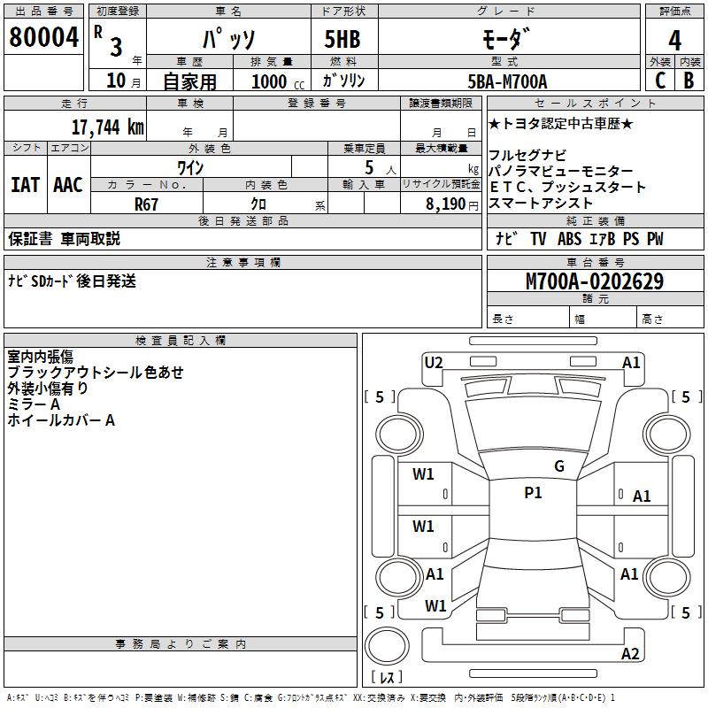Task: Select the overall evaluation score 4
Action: (675, 41)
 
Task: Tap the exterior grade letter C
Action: (660, 80)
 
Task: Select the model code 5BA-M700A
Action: (507, 81)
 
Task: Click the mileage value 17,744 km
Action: (108, 127)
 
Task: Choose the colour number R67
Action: (147, 204)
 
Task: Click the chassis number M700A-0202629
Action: (595, 281)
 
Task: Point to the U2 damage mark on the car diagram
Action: (434, 362)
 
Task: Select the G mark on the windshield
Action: (558, 466)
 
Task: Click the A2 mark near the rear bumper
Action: (630, 654)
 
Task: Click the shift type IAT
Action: (25, 185)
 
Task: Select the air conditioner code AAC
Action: (67, 185)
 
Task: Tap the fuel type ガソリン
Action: (343, 81)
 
